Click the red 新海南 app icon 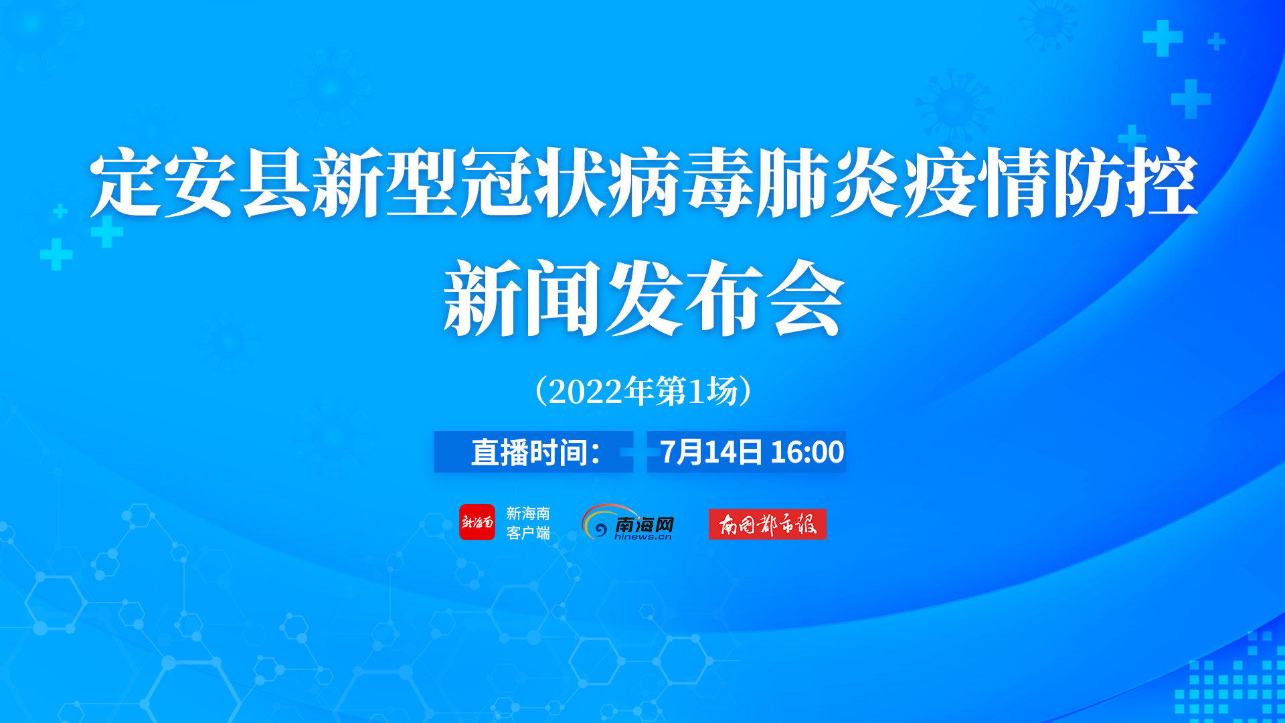[477, 522]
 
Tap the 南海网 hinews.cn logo [628, 522]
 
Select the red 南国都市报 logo [768, 524]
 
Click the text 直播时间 [525, 453]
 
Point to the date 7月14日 [711, 453]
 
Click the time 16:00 [807, 453]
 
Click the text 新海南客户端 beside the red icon [528, 523]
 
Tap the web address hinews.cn [642, 536]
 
